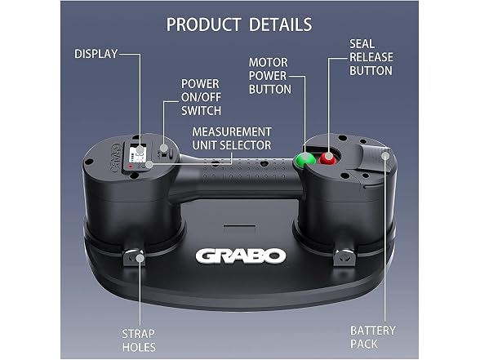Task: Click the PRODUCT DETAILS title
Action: click(239, 24)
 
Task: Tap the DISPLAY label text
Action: click(96, 54)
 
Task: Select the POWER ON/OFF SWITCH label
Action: click(201, 97)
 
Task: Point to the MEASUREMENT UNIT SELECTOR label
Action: click(232, 139)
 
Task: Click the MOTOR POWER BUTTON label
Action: click(269, 76)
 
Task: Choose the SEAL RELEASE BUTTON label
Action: click(371, 57)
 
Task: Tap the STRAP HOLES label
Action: click(139, 340)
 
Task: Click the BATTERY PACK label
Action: click(372, 337)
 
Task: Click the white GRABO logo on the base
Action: click(241, 256)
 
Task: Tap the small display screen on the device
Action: click(137, 153)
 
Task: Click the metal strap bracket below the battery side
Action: click(345, 256)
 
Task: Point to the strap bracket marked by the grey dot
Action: click(134, 257)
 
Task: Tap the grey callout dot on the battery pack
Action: click(385, 156)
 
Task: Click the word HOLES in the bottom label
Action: click(139, 347)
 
